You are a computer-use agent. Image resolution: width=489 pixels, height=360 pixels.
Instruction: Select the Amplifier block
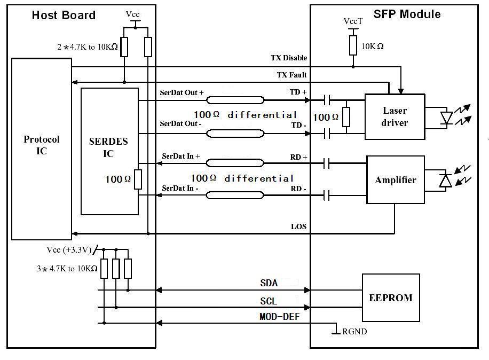(396, 179)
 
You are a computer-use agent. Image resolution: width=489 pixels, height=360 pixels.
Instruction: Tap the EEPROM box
(391, 298)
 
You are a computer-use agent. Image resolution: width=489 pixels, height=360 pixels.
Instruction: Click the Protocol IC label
(42, 145)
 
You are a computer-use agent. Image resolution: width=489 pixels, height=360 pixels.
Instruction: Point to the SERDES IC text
(108, 147)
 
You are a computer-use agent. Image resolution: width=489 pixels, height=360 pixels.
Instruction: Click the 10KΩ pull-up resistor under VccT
(353, 45)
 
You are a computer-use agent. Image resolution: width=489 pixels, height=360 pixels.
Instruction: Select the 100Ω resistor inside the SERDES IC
(138, 179)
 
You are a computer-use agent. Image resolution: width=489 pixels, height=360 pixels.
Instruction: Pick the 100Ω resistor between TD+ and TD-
(346, 117)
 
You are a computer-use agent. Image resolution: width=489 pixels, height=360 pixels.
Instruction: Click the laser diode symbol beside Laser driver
(447, 118)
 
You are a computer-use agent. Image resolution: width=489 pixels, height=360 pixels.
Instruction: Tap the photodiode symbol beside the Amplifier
(446, 181)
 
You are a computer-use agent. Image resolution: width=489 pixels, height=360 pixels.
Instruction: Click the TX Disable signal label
(289, 58)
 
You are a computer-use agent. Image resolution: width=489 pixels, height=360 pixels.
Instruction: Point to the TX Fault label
(291, 75)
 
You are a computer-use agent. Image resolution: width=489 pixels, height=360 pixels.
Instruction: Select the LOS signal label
(299, 226)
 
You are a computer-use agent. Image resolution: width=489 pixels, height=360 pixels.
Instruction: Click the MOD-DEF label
(279, 317)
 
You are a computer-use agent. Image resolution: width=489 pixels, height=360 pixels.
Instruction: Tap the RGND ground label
(354, 331)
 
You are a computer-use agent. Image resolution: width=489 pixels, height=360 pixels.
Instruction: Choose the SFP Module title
(407, 14)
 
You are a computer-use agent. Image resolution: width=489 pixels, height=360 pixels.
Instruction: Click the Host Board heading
(64, 15)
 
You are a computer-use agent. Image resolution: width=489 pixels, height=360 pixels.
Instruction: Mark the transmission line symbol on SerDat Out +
(235, 100)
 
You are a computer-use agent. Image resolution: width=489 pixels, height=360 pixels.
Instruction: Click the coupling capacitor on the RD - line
(327, 196)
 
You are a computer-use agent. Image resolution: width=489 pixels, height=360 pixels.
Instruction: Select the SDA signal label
(269, 283)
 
